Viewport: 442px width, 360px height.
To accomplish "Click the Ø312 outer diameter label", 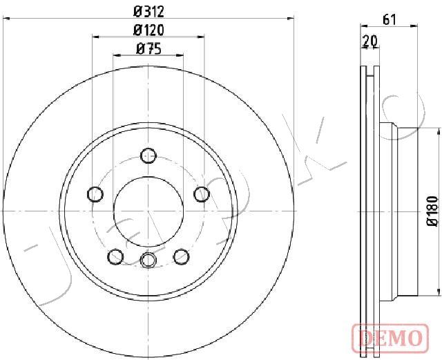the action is (148, 12).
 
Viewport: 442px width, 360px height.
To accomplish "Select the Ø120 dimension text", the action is (148, 30).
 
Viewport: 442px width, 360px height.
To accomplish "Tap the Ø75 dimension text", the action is (148, 49).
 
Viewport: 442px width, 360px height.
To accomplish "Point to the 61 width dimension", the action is (390, 20).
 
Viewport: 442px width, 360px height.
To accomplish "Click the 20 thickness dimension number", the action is (370, 41).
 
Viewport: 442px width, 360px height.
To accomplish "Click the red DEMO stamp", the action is (390, 337).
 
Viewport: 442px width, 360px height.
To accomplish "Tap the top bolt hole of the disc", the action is (148, 155).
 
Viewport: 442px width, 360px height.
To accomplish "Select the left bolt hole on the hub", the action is (95, 194).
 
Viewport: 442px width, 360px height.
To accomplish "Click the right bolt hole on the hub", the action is (202, 194).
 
